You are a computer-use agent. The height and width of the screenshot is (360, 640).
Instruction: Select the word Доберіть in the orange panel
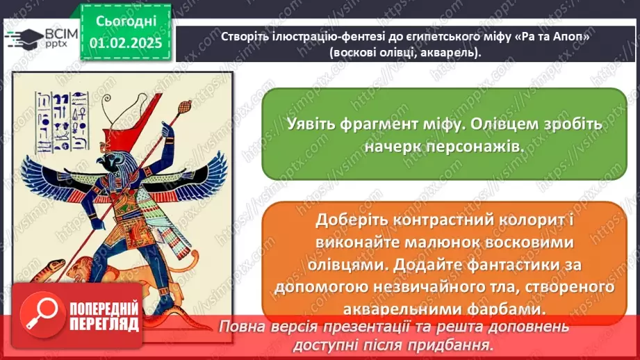point(347,221)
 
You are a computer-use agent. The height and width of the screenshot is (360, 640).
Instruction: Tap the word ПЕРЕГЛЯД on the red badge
point(105,324)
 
